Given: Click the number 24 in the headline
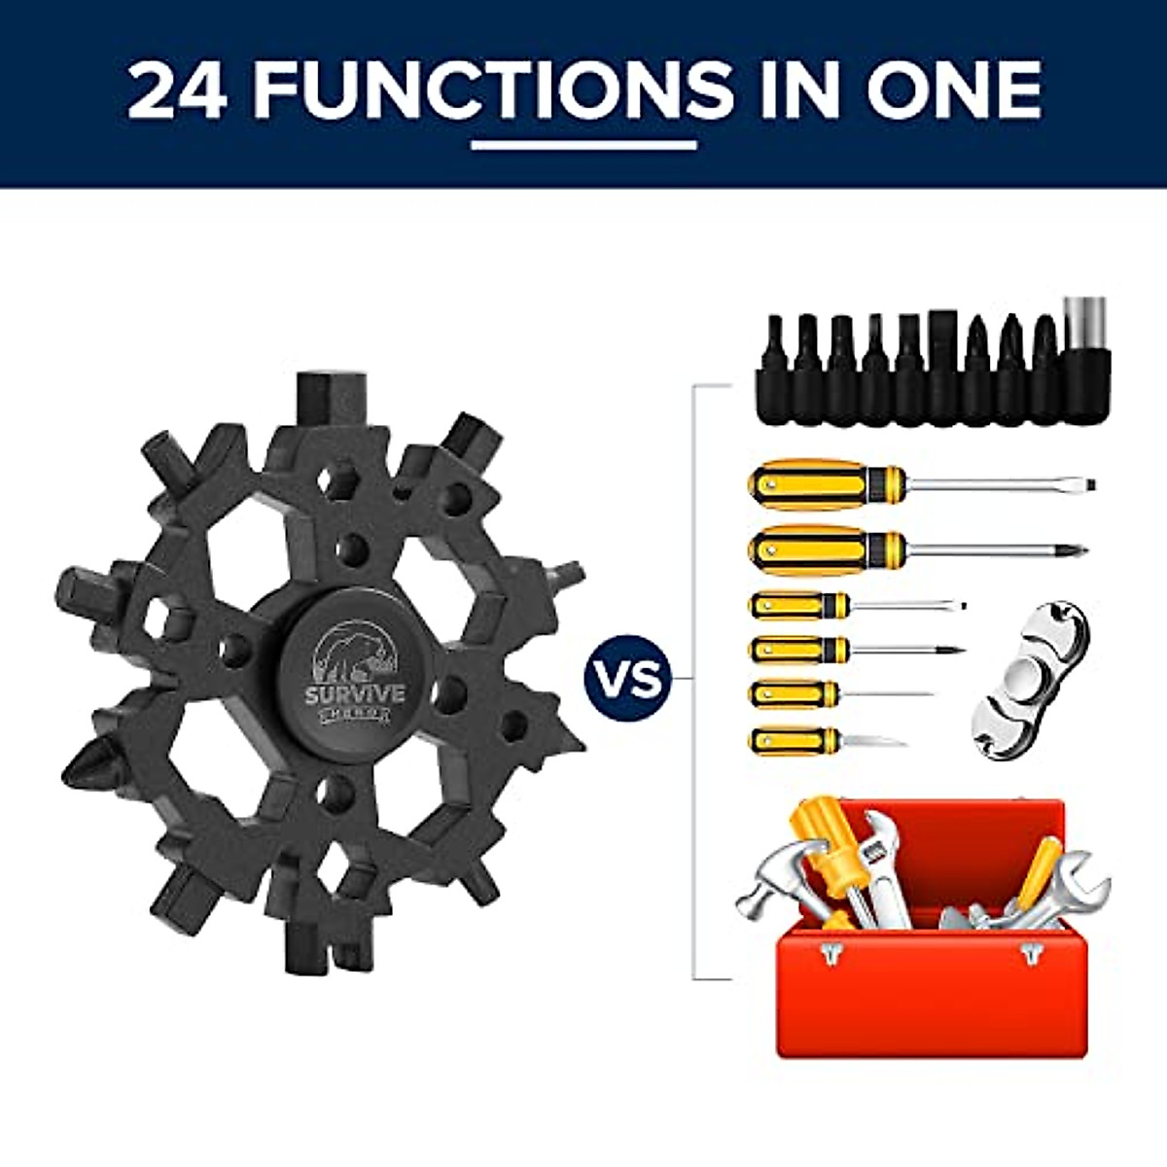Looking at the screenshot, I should coord(177,89).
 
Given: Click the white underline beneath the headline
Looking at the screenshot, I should coord(583,146).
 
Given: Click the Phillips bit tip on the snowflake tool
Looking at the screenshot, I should coord(86,764).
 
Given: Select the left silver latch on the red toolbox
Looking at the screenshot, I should coord(830,953).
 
